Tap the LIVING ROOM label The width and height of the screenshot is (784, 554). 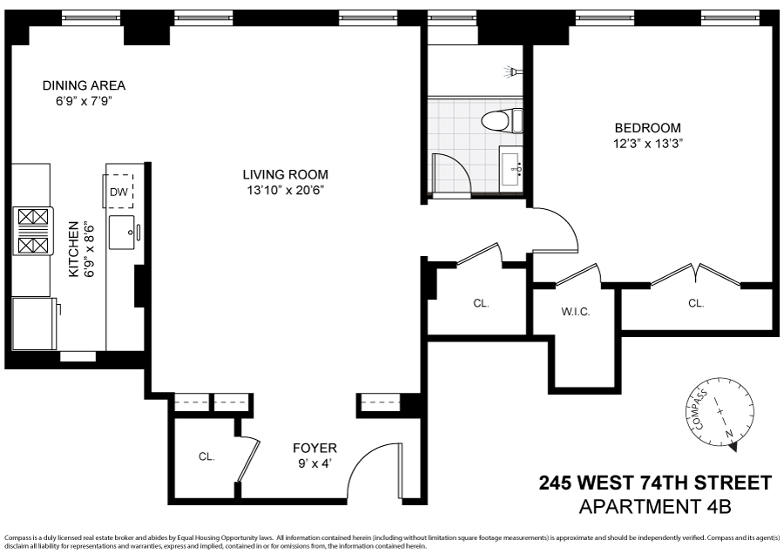coord(285,174)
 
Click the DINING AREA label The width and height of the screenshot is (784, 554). coord(84,85)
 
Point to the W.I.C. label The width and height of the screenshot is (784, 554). coord(574,311)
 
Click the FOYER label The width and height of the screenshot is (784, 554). coord(314,449)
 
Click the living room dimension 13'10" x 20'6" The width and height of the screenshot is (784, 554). coord(285,190)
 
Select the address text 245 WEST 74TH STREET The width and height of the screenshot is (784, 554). coord(655,483)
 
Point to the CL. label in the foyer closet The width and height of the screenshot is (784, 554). coord(206,456)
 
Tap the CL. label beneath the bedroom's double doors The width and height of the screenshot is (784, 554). coord(696,303)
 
